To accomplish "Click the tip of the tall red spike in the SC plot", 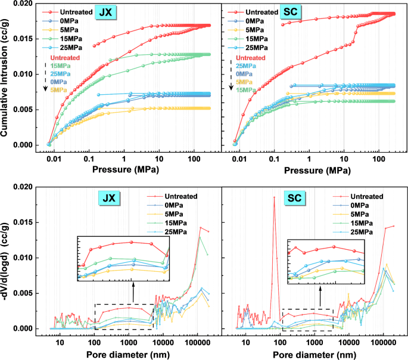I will point(274,197).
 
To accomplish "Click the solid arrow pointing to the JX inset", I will point(132,293).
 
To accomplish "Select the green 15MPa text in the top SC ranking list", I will point(248,90).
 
